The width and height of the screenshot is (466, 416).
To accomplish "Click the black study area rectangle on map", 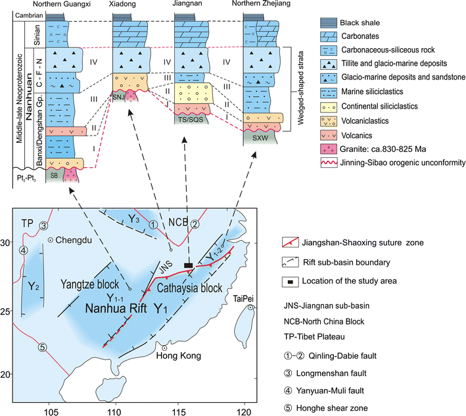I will pyautogui.click(x=188, y=265).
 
